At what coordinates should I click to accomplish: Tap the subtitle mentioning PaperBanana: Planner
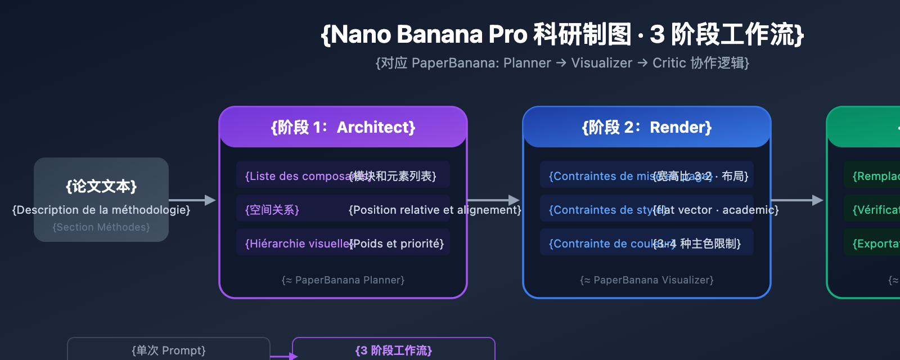click(562, 63)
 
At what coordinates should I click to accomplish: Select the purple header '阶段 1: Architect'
click(343, 128)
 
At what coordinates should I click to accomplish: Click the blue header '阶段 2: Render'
click(647, 128)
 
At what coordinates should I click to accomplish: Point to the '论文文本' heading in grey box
click(101, 186)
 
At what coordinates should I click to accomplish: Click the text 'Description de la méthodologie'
click(101, 210)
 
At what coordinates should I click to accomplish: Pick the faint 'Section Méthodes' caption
click(101, 227)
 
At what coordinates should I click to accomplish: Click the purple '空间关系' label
click(272, 210)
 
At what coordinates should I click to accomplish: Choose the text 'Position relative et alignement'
click(435, 210)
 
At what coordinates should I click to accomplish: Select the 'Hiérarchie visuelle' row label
click(297, 244)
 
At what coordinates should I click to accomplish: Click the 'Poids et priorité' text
click(397, 244)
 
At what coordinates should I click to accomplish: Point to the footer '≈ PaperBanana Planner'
click(343, 280)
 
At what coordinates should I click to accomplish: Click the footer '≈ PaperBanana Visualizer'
click(647, 280)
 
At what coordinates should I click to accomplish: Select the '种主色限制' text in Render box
click(710, 244)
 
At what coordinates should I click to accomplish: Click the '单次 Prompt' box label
click(169, 350)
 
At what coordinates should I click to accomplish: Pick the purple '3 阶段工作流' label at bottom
click(394, 350)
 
